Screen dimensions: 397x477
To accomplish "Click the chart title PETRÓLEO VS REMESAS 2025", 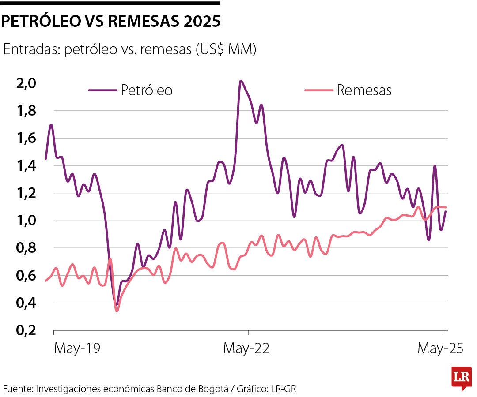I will [x=110, y=22].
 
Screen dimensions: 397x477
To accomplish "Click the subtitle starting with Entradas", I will [x=129, y=49].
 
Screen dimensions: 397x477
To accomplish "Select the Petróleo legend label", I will [x=147, y=90].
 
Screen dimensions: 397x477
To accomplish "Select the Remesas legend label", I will [x=364, y=90].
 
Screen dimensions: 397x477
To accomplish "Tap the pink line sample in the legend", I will [x=318, y=90].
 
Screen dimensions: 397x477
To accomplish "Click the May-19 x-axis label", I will [x=77, y=348].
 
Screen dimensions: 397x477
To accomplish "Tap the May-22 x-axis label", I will [x=246, y=348].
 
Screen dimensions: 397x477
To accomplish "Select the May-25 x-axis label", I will [x=440, y=348].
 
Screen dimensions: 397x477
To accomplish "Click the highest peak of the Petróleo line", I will [x=240, y=81].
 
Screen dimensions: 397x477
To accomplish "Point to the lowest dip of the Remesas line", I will [x=117, y=311].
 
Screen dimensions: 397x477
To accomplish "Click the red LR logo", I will [x=461, y=378].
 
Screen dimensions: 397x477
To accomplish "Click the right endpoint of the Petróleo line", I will [x=446, y=212].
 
